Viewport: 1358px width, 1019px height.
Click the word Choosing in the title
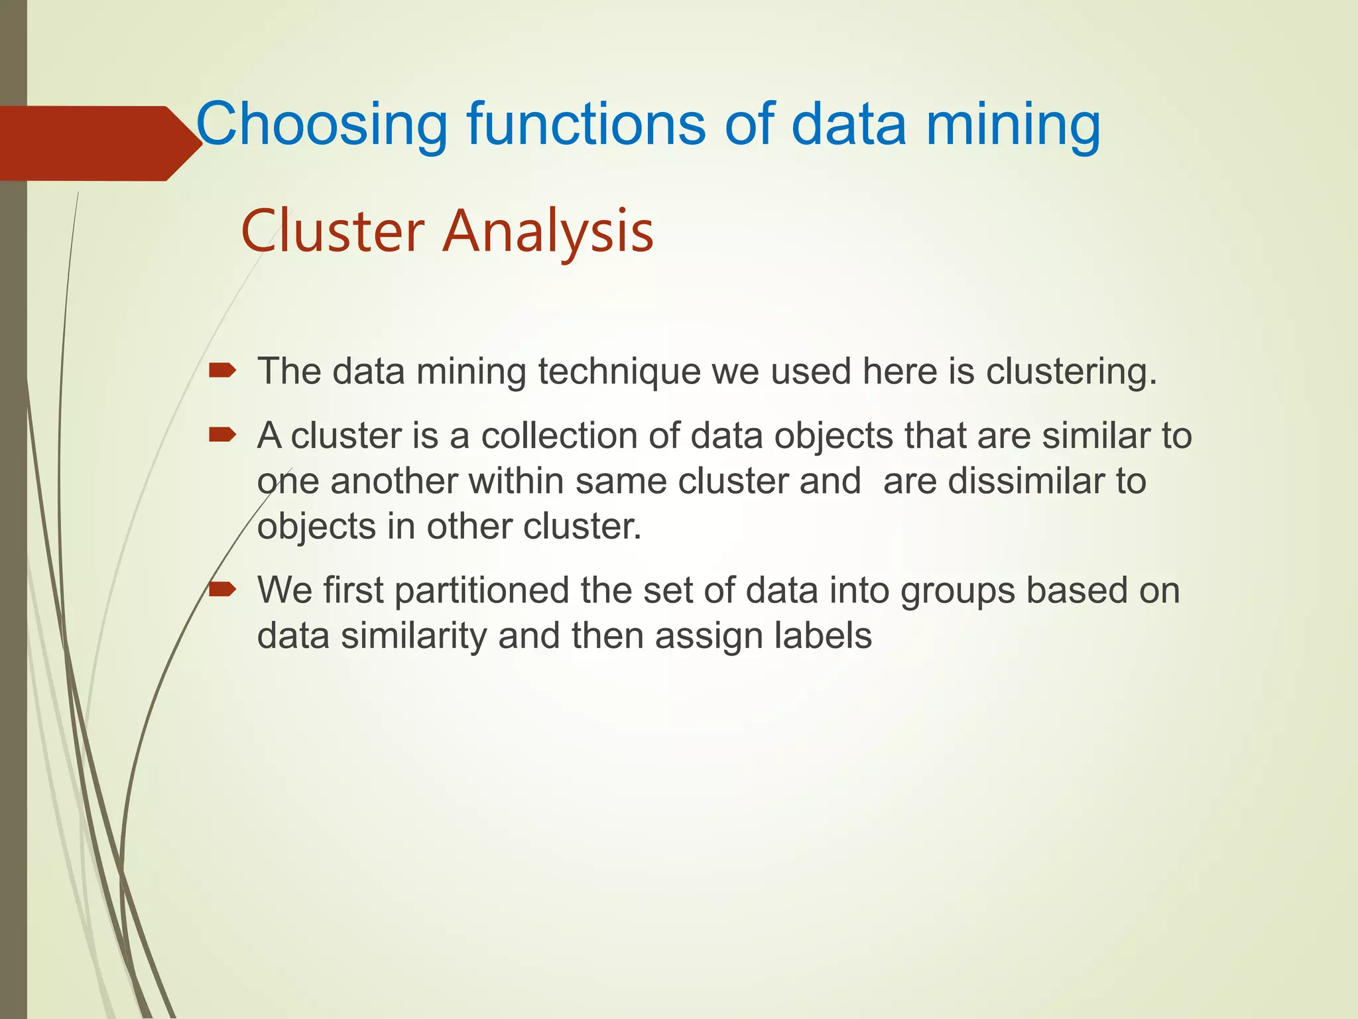322,125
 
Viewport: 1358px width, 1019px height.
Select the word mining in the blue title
1013,125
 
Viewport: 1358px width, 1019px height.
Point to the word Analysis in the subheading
548,232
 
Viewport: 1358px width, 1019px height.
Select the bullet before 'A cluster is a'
221,435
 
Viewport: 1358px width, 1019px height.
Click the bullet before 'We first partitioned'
221,589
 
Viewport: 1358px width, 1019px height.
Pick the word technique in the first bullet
619,372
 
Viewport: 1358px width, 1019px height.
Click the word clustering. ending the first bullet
1071,372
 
